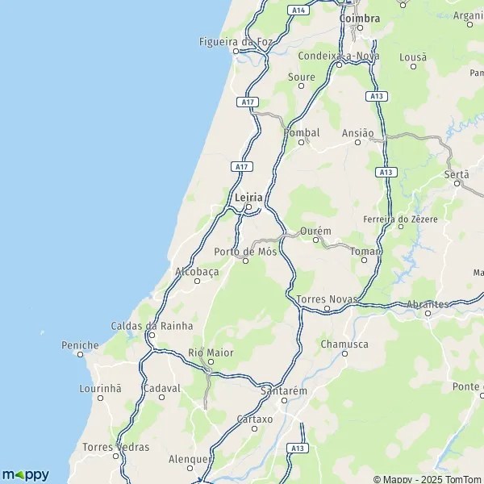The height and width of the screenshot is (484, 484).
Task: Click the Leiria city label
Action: (248, 196)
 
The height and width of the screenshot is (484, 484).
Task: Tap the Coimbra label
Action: (360, 18)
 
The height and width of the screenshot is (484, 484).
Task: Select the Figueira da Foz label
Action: (236, 42)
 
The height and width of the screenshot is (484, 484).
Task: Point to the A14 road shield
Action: (299, 10)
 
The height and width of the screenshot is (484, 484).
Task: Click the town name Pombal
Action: (302, 132)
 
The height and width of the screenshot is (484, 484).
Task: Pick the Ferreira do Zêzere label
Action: (401, 219)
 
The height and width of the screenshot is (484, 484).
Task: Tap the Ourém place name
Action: (315, 232)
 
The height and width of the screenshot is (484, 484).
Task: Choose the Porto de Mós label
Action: (245, 251)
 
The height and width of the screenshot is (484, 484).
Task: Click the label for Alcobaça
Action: (197, 272)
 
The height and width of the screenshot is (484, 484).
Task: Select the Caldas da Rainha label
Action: (152, 326)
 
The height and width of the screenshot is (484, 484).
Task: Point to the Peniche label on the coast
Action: (80, 345)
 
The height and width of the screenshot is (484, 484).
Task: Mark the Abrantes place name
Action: (428, 303)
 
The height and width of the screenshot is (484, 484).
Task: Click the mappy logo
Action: (25, 474)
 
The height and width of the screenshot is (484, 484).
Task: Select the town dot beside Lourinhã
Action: (101, 398)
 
